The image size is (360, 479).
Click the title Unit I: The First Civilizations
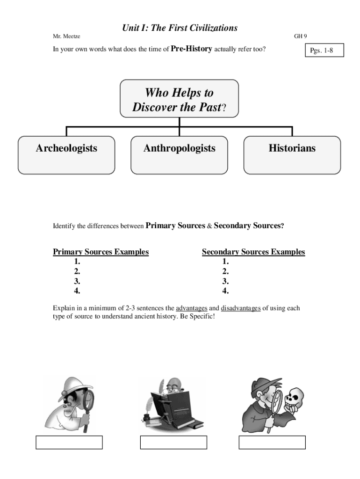(180, 28)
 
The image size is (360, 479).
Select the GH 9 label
(300, 36)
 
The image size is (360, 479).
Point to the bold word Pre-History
(192, 48)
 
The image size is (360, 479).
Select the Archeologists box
(66, 155)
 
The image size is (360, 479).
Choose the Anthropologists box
(179, 155)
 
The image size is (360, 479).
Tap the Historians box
(292, 155)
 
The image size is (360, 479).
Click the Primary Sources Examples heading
(101, 252)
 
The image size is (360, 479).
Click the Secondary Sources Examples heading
(253, 252)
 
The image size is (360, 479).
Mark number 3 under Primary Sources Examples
(77, 281)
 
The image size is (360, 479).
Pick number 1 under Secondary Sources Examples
(225, 261)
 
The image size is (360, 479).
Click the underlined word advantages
(191, 308)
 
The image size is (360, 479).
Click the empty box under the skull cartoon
(272, 442)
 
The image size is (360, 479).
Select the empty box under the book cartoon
(173, 442)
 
